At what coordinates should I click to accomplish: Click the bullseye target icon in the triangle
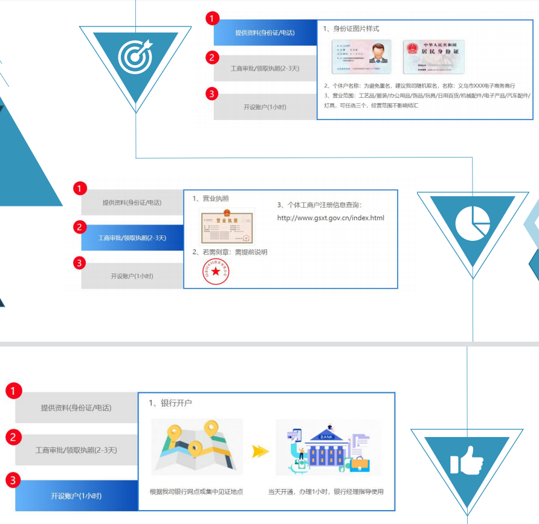coord(135,57)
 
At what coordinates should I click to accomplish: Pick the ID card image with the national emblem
coord(433,56)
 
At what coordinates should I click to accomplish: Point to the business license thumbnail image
coord(227,226)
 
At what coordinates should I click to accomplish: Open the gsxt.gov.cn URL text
coord(331,218)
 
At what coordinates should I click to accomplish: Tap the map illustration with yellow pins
coord(196,447)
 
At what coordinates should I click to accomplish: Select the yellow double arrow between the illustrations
coord(260,451)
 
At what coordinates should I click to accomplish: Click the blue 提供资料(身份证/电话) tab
coord(265,33)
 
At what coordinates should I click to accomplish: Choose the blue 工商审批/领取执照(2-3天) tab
coord(132,238)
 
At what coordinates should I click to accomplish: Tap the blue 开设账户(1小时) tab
coord(76,496)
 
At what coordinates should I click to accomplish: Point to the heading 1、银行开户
coord(170,403)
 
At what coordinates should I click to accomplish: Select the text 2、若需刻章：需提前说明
coord(230,252)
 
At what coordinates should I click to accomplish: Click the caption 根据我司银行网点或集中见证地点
coord(196,491)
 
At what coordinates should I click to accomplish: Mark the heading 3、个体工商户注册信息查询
coord(319,205)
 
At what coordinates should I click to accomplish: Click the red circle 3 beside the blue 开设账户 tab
coord(13,481)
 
